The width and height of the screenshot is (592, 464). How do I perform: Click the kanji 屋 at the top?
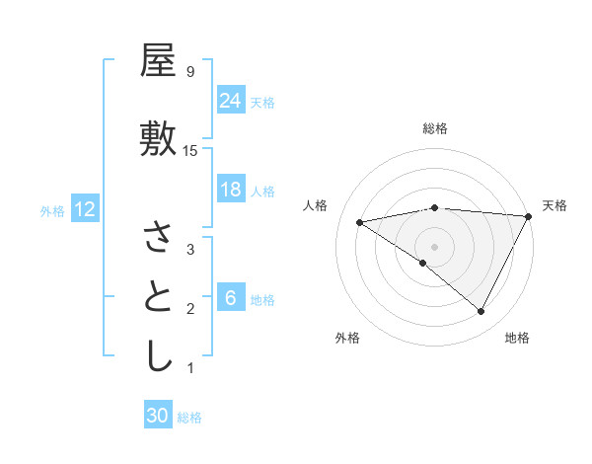(x=158, y=62)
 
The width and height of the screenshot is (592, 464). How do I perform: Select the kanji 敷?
(x=158, y=140)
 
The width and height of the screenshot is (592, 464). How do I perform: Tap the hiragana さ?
(x=158, y=237)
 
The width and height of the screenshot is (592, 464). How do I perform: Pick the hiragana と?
(x=158, y=297)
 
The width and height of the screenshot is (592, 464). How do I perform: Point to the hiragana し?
(x=158, y=356)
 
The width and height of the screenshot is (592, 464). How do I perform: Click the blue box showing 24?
(x=230, y=101)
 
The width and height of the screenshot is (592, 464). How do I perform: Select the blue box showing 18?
(x=230, y=190)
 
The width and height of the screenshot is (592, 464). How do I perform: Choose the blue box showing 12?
(x=84, y=209)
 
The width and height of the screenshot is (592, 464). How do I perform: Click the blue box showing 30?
(x=158, y=416)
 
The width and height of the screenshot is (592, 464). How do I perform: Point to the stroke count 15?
(x=190, y=150)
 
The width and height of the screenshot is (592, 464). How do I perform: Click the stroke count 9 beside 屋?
(x=189, y=71)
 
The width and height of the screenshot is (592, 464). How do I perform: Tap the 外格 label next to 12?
(x=52, y=210)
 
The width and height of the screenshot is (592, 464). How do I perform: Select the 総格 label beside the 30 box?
(x=189, y=418)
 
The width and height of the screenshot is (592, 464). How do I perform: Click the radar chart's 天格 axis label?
(x=555, y=205)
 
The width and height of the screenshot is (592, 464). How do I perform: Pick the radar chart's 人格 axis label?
(x=316, y=205)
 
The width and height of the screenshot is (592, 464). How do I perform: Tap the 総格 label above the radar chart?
(x=434, y=128)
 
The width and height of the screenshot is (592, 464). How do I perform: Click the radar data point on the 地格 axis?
(x=481, y=312)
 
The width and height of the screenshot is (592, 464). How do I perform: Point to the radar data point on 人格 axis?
(x=359, y=222)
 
